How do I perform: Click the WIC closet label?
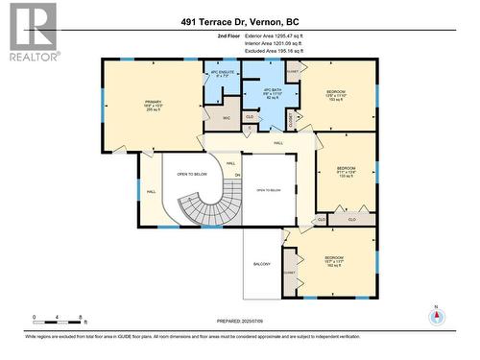tap(227, 118)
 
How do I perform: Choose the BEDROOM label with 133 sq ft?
tap(347, 172)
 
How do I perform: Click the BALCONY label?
tap(261, 264)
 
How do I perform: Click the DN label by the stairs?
tap(238, 175)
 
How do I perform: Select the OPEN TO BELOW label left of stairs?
tap(192, 175)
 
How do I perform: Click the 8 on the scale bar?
tap(83, 317)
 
